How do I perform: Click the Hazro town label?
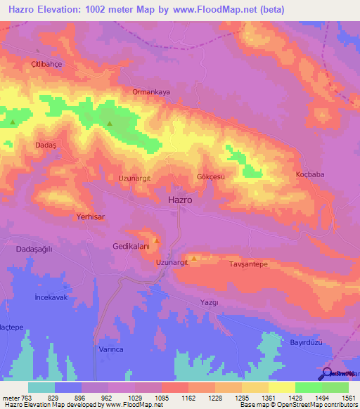click(181, 200)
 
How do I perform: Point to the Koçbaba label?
click(310, 174)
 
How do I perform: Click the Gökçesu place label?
click(211, 177)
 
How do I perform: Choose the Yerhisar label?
click(90, 218)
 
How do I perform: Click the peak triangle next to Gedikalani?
click(157, 240)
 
